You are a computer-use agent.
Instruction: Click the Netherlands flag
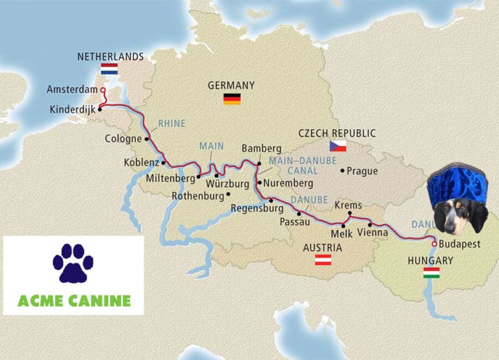[109, 68]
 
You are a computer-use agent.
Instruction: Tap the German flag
[232, 99]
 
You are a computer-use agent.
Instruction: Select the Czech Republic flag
[337, 146]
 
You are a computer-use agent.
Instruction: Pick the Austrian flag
[323, 260]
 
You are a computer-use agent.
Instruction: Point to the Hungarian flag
[431, 273]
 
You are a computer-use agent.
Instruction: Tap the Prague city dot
[342, 171]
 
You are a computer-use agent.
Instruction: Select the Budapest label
[459, 244]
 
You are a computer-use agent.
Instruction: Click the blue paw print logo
[73, 263]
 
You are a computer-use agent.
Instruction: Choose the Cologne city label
[123, 138]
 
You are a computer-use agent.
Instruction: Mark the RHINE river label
[172, 123]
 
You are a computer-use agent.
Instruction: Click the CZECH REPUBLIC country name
[337, 133]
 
